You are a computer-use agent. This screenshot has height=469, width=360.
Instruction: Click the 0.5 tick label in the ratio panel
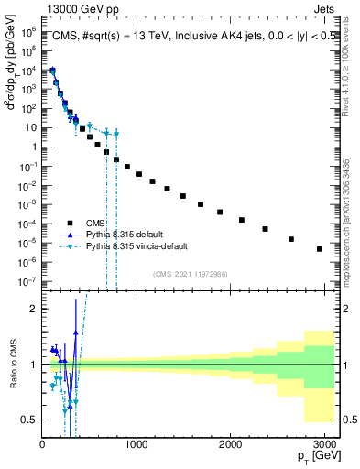pos(28,420)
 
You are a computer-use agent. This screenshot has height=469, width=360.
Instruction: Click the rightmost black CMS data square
pos(319,249)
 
